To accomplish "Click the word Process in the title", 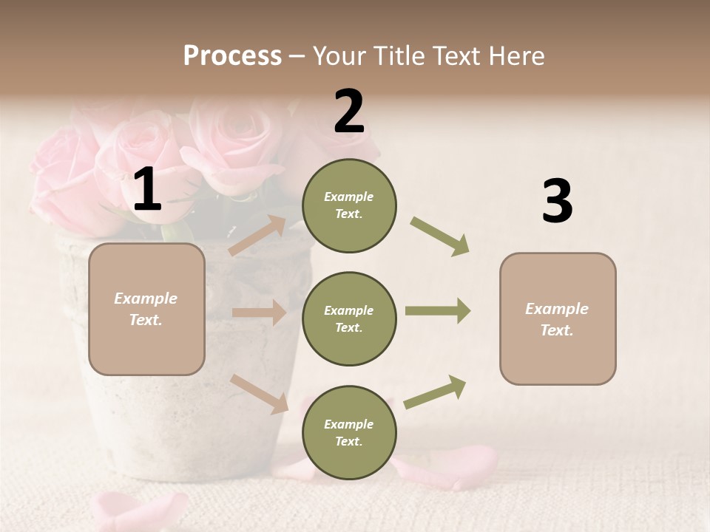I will pyautogui.click(x=232, y=56).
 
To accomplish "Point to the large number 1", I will pyautogui.click(x=147, y=190).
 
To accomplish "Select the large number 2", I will pyautogui.click(x=349, y=112).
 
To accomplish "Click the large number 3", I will pyautogui.click(x=557, y=202).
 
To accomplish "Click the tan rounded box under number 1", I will pyautogui.click(x=146, y=309).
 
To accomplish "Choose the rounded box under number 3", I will pyautogui.click(x=558, y=319).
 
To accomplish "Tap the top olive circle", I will pyautogui.click(x=349, y=205).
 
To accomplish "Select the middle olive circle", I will pyautogui.click(x=349, y=319).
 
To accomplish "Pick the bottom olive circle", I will pyautogui.click(x=349, y=433).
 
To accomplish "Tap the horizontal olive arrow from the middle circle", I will pyautogui.click(x=437, y=311).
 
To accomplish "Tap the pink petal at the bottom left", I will pyautogui.click(x=137, y=510).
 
